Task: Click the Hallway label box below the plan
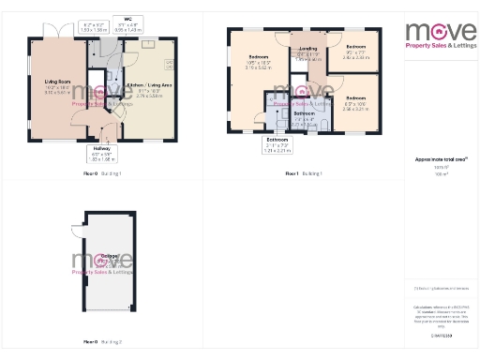102,154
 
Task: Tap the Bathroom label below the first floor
277,143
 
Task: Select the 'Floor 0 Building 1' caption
103,174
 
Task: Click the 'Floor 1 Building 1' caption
303,174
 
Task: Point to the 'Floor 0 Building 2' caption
103,342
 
